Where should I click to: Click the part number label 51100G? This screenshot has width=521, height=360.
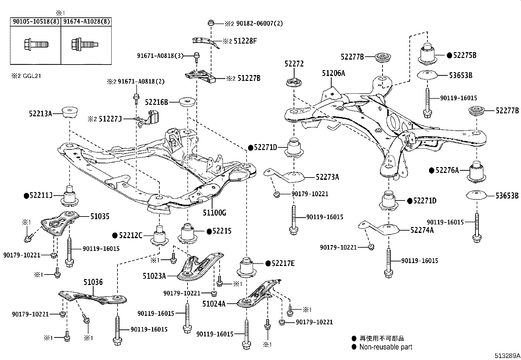pos(214,213)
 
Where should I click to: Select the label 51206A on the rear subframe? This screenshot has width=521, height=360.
pos(333,73)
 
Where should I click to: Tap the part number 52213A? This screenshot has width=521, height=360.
pos(40,114)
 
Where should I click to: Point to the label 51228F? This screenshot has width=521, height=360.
pos(245,41)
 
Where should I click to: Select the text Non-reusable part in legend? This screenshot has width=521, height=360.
pos(386,347)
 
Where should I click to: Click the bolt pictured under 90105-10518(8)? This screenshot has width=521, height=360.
pos(36,44)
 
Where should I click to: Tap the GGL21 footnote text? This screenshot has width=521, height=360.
pos(31,76)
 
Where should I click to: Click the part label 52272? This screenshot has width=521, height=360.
pos(294,64)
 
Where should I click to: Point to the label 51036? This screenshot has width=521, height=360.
pos(93,282)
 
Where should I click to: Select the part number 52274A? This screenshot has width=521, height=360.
pos(422,230)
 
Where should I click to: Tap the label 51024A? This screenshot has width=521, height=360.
pos(214,304)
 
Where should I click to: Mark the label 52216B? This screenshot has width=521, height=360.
pos(156,102)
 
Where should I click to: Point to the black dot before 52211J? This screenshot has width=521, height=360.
pos(26,196)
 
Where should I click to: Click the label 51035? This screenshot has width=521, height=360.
pos(100,216)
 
